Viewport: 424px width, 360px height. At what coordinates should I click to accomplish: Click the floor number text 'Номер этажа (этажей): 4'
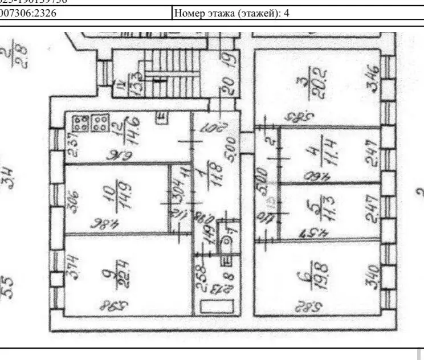point(231,12)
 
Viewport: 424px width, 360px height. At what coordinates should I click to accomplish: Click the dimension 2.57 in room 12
point(72,145)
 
